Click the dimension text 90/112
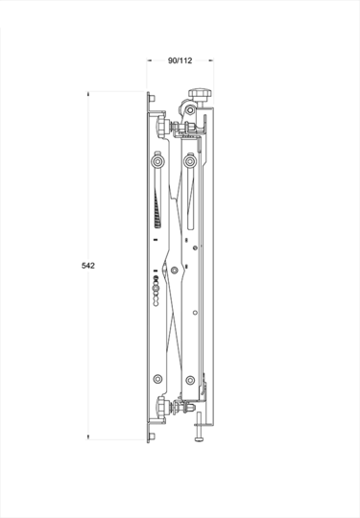180,60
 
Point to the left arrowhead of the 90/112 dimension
150,59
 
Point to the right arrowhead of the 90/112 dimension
211,59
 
